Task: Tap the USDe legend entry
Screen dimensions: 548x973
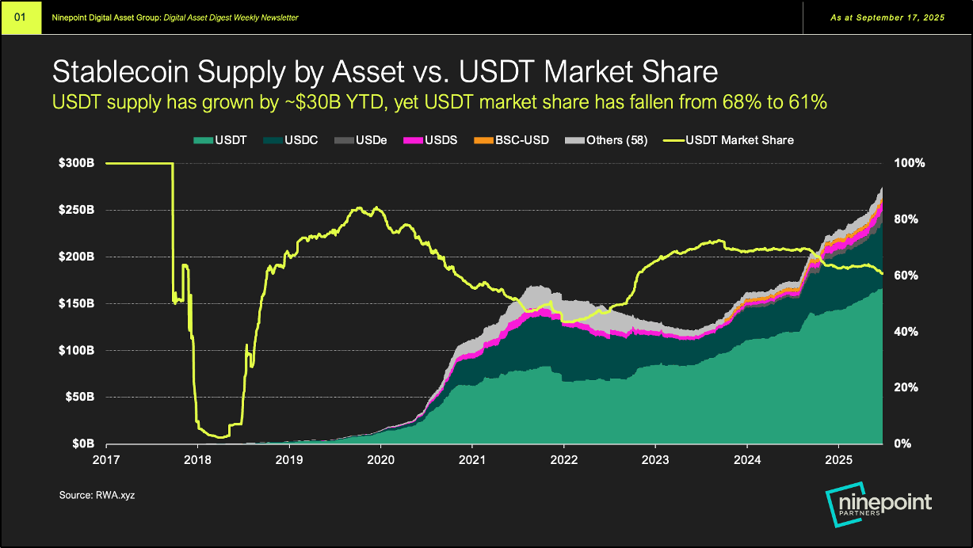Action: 366,140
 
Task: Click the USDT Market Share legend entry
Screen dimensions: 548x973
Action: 733,140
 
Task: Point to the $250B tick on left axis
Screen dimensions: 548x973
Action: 78,210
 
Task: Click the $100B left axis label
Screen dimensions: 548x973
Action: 78,350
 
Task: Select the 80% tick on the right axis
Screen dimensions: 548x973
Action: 906,219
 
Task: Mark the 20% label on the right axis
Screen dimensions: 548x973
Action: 906,387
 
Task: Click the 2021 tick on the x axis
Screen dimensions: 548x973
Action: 472,459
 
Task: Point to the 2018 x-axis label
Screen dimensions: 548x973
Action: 197,459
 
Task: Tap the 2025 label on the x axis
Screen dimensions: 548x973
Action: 839,459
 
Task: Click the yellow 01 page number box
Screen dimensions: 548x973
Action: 21,17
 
